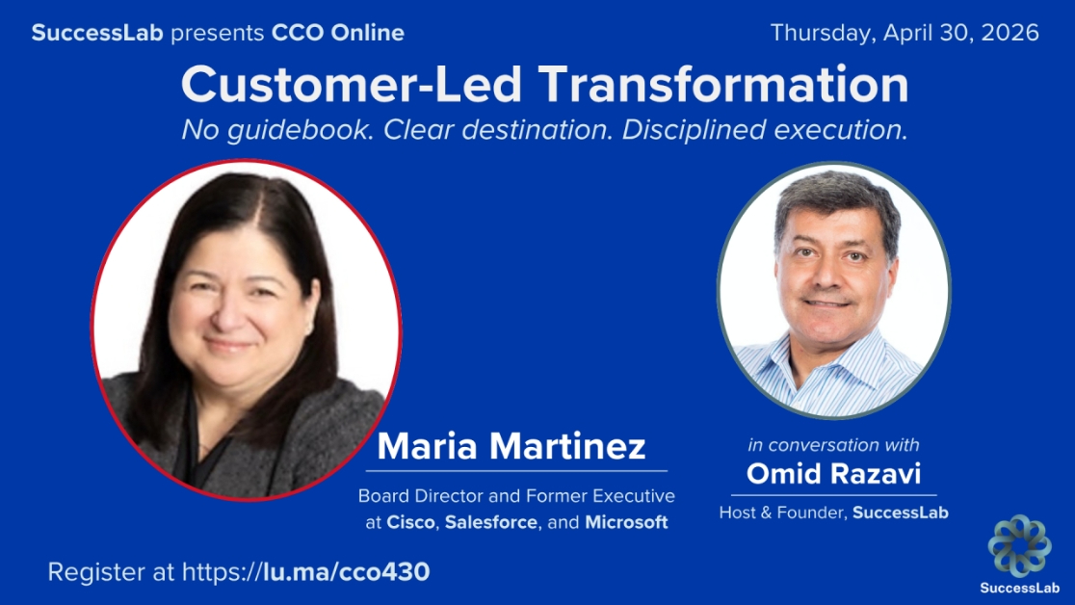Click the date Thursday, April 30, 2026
click(x=905, y=33)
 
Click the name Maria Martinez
click(x=511, y=447)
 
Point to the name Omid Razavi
click(x=833, y=475)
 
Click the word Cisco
click(x=410, y=522)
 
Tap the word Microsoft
click(x=626, y=522)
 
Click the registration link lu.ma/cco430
click(x=346, y=571)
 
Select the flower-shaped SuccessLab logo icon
click(x=1019, y=545)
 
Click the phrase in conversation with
click(x=833, y=445)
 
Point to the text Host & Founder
click(x=781, y=513)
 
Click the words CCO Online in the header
click(x=338, y=33)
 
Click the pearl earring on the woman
click(x=308, y=329)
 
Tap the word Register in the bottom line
click(x=90, y=571)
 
